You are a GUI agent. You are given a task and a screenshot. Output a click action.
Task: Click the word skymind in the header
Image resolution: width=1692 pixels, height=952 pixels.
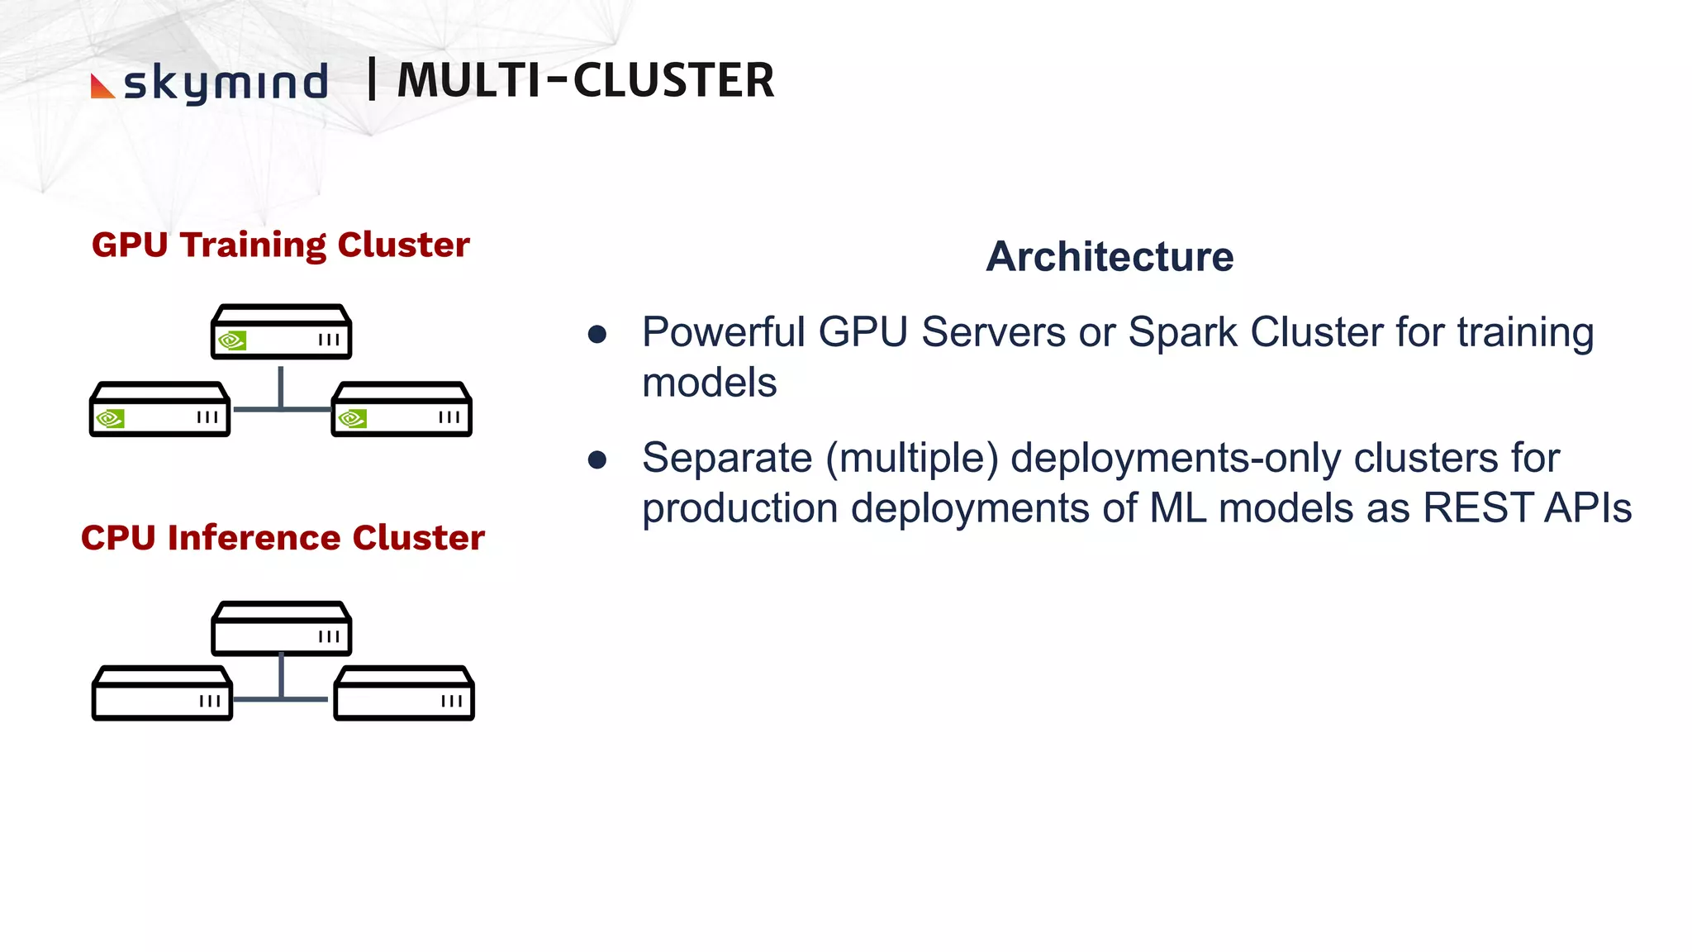226,83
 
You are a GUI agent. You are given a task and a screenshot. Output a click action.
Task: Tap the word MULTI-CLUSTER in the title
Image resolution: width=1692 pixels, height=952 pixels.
586,81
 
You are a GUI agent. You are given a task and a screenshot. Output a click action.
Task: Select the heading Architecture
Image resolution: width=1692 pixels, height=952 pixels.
1109,256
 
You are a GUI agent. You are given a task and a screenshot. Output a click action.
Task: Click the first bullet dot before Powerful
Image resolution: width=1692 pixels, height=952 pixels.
597,335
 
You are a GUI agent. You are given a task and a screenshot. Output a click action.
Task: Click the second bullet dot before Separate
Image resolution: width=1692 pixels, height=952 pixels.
597,460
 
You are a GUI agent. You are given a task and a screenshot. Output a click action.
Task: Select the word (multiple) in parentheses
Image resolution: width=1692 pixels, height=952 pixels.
912,459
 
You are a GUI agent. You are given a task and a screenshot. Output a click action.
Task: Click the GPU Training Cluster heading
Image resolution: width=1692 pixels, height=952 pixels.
281,245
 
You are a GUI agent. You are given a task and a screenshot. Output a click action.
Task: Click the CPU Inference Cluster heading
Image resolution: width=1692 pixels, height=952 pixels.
283,537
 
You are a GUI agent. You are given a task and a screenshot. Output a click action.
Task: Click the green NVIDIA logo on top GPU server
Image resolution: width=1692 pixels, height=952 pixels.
232,340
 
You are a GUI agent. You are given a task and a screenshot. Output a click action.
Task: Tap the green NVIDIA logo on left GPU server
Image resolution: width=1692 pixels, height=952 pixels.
110,418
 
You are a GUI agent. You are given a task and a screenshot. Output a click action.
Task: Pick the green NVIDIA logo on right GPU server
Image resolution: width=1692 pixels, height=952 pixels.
352,418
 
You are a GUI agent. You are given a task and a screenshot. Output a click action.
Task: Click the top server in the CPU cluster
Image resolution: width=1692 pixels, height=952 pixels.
282,629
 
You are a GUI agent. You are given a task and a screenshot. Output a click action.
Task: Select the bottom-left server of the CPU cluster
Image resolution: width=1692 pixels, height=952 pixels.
162,693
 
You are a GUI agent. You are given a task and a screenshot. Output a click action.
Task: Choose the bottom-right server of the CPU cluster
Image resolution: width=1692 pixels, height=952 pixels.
404,693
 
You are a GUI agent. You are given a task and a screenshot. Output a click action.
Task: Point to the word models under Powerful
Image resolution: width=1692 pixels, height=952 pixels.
709,383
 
